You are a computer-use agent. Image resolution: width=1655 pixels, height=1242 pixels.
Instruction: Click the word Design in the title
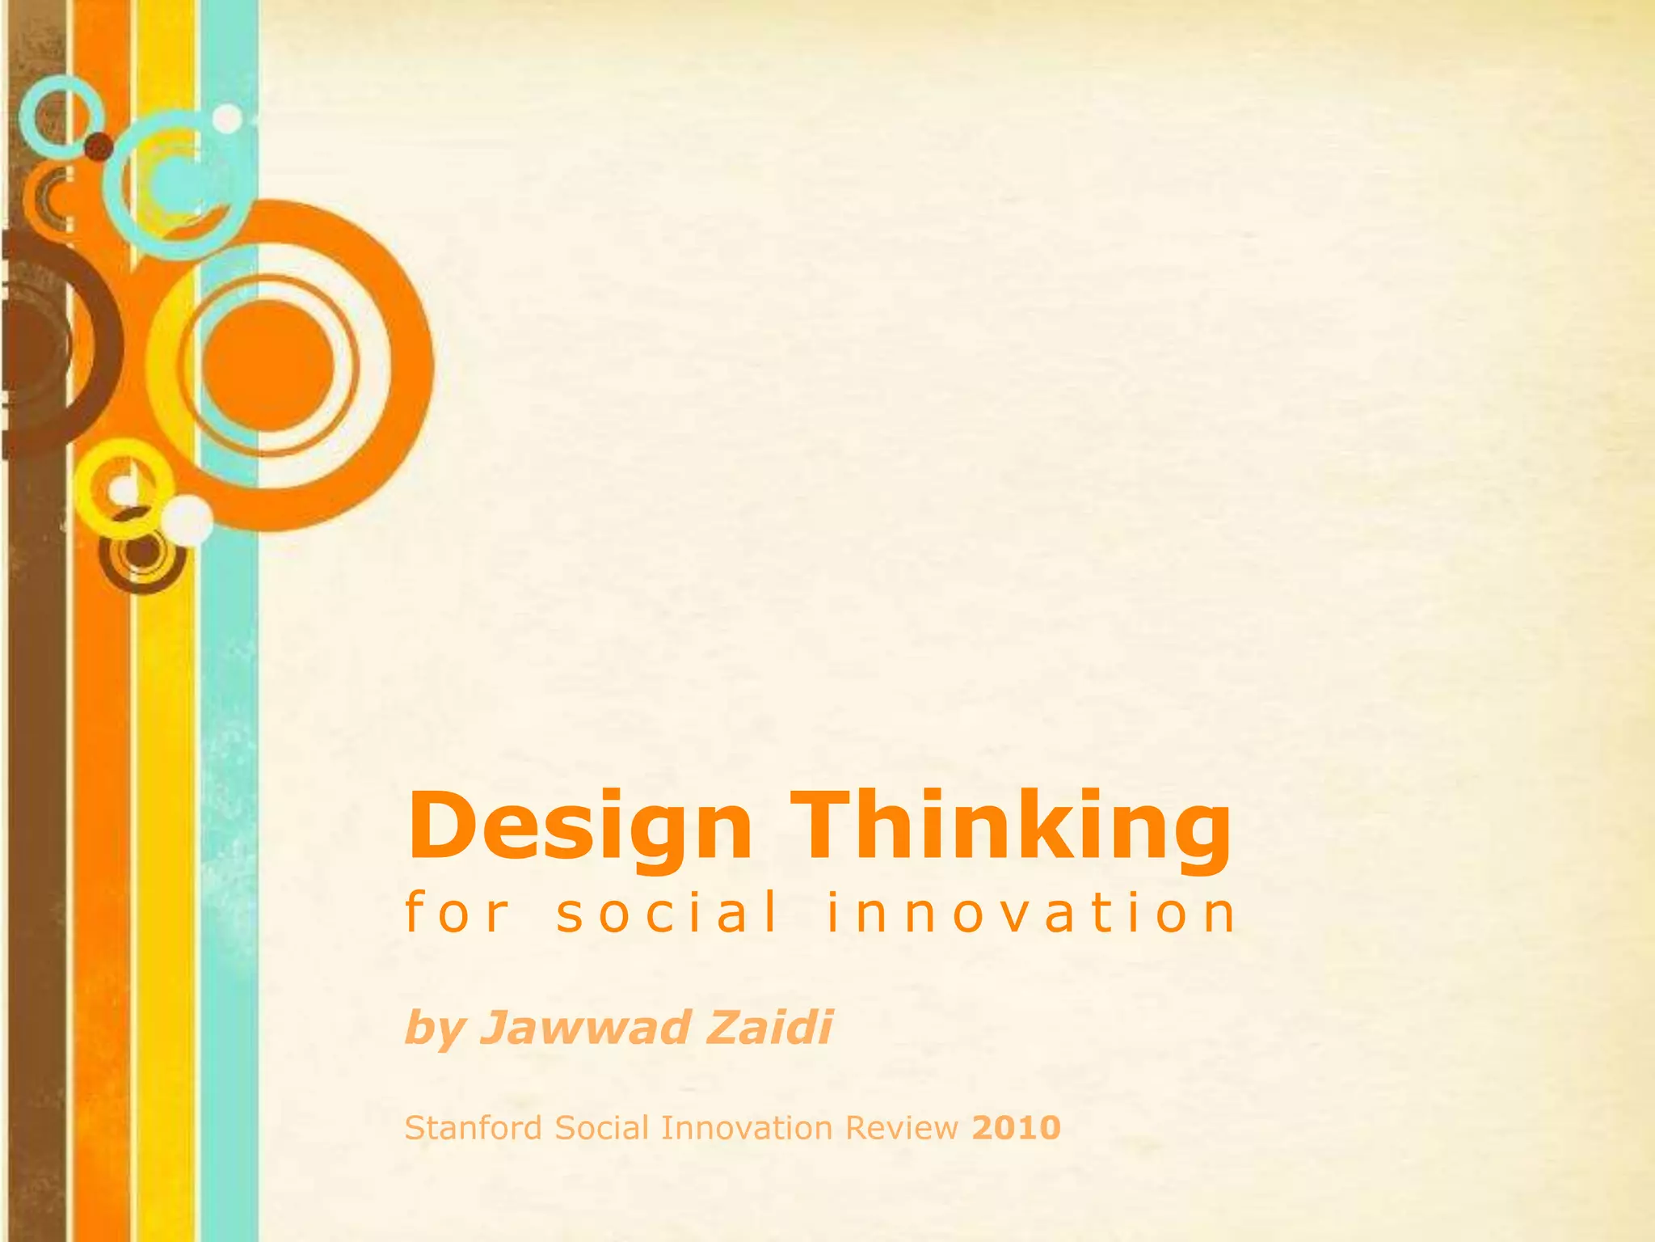(x=580, y=826)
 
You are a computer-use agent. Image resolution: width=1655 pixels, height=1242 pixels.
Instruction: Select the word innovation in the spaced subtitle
(x=1030, y=912)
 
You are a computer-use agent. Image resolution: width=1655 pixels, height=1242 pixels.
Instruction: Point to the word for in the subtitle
(x=457, y=912)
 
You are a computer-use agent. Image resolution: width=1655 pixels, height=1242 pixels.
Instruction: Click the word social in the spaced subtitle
(x=667, y=912)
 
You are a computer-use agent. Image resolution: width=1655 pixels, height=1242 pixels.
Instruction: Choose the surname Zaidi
(x=769, y=1027)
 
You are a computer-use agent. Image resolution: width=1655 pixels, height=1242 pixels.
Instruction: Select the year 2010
(x=1017, y=1127)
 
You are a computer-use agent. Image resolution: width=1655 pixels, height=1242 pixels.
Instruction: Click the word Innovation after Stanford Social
(x=746, y=1127)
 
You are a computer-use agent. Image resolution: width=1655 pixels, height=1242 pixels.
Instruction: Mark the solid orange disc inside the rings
(x=268, y=365)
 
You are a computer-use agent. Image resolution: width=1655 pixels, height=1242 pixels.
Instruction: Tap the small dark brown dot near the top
(x=99, y=146)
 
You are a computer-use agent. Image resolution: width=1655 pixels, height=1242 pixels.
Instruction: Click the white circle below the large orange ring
(x=187, y=519)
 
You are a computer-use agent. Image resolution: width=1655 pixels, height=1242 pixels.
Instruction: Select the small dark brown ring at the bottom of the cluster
(x=142, y=555)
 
